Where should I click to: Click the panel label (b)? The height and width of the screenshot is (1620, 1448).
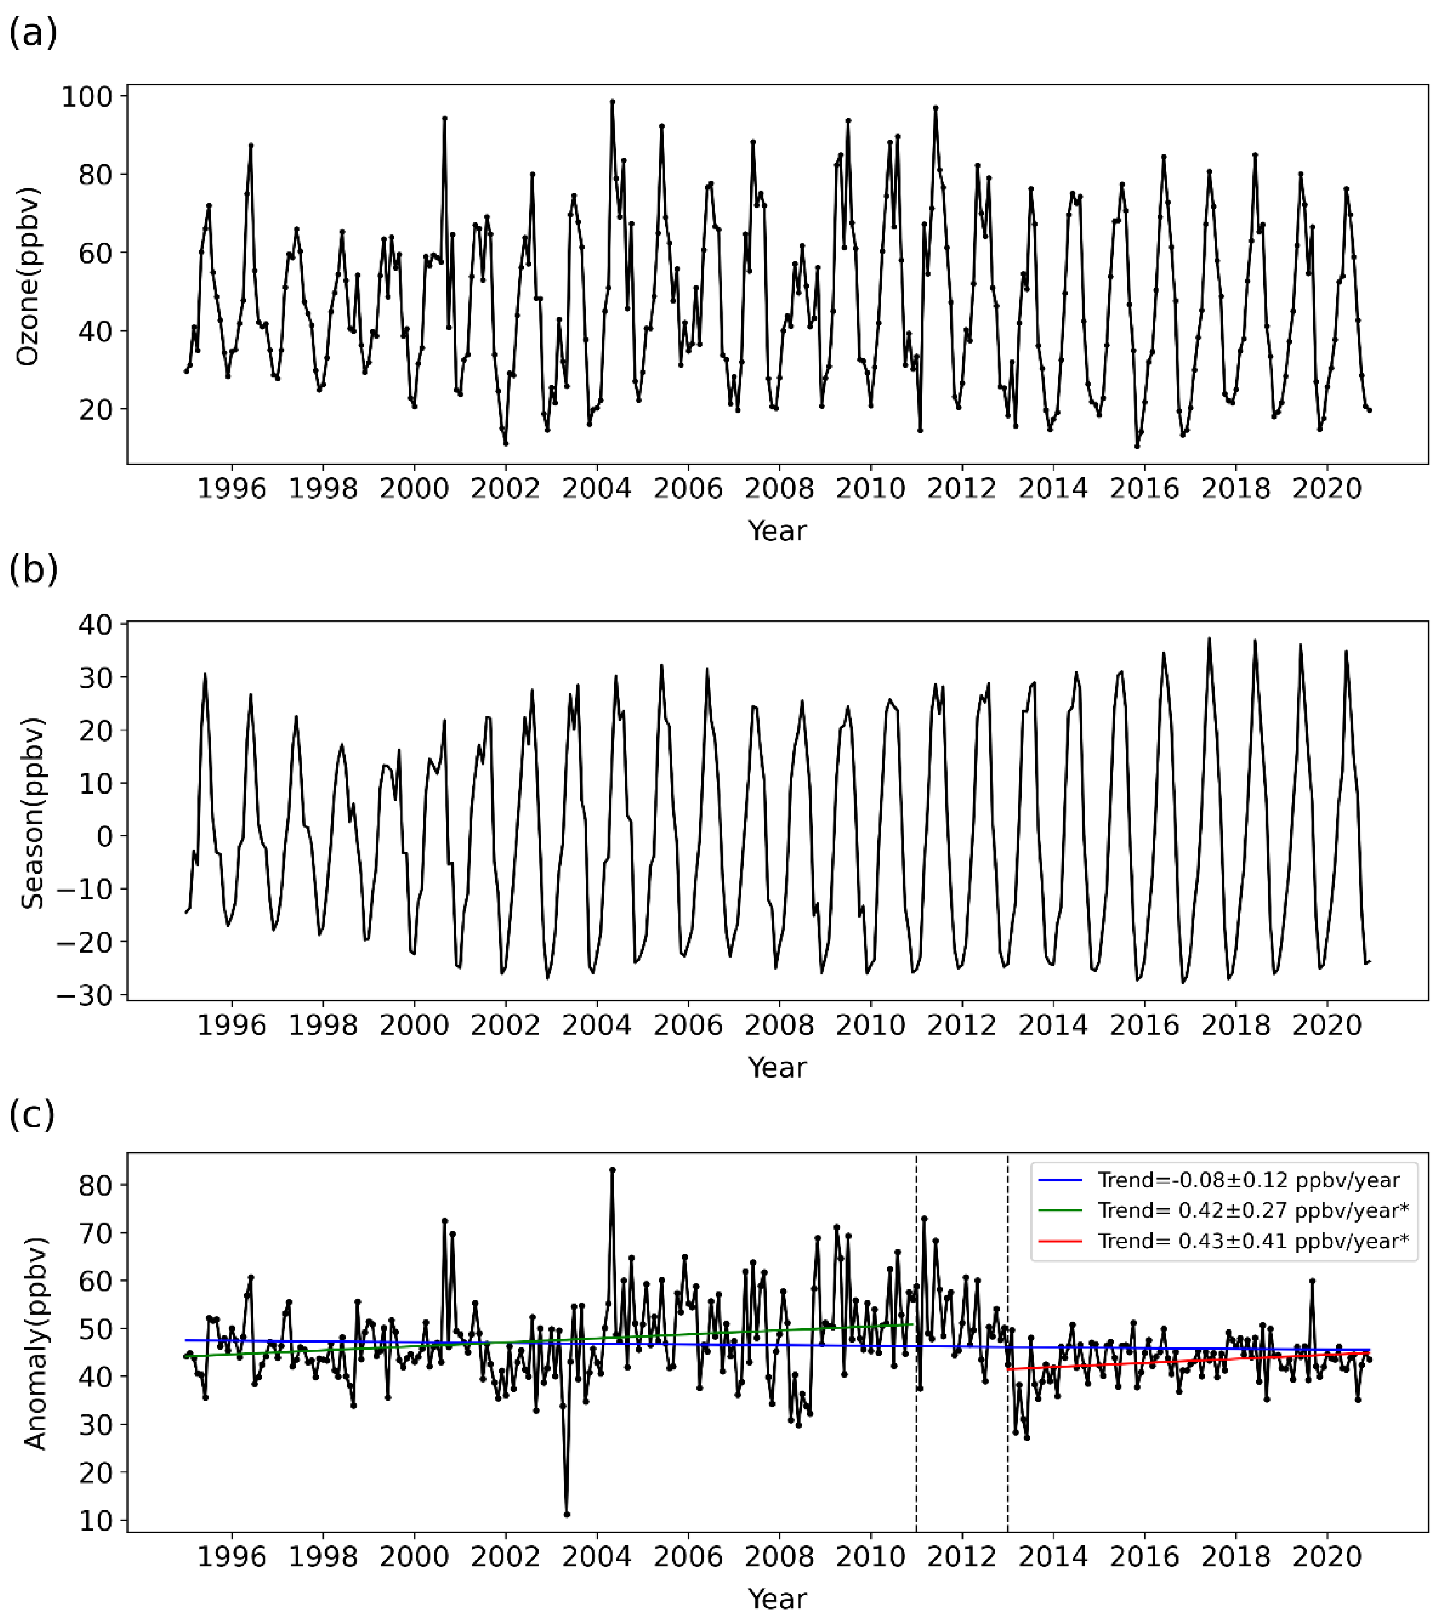pos(32,569)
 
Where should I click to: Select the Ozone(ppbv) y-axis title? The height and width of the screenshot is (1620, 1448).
pos(28,277)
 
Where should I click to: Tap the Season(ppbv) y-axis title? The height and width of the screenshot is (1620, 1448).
pos(32,813)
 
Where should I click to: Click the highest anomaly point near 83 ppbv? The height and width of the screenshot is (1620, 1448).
pos(612,1170)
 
